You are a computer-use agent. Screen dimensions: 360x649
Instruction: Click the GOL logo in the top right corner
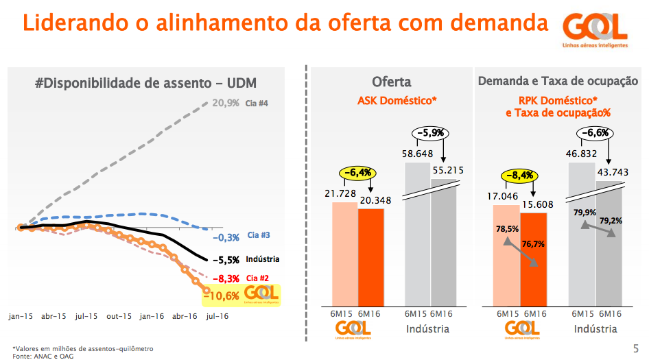coord(595,29)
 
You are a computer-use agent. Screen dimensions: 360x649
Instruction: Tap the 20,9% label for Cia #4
coord(226,104)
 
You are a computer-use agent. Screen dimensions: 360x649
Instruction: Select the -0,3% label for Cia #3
coord(226,237)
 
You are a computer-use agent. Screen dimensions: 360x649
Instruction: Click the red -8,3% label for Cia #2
coord(226,278)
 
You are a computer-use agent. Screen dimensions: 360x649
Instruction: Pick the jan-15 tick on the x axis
coord(21,317)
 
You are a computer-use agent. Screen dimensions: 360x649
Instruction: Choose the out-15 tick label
coord(119,317)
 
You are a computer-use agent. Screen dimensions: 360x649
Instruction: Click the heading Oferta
coord(392,82)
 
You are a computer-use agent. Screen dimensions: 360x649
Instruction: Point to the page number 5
coord(636,348)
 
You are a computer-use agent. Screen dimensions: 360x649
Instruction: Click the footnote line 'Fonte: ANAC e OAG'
coord(43,356)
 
